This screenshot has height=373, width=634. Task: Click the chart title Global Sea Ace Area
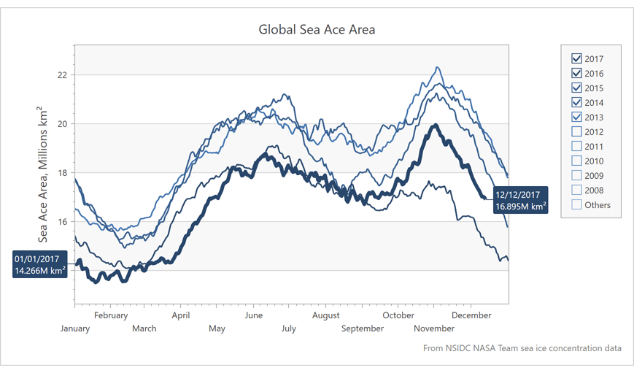click(x=317, y=30)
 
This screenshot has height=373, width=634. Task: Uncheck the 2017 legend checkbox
click(x=577, y=59)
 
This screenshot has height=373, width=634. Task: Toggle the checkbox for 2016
click(x=577, y=74)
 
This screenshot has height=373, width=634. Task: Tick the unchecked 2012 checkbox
click(x=577, y=132)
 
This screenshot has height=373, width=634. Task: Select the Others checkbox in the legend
click(x=577, y=205)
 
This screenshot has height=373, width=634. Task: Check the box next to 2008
click(x=577, y=191)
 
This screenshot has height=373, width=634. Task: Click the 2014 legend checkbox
click(x=577, y=103)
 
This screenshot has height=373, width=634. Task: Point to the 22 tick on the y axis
click(x=62, y=75)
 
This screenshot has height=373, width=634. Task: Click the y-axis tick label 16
click(x=62, y=222)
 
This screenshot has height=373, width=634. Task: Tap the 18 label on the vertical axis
click(x=62, y=173)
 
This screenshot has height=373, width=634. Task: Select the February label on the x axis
click(x=111, y=316)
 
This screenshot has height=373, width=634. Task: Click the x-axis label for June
click(x=254, y=316)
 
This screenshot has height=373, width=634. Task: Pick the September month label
click(x=363, y=328)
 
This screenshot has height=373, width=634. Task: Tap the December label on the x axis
click(x=471, y=316)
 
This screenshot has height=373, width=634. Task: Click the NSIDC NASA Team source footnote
click(x=522, y=348)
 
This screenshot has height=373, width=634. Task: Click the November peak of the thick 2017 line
click(x=436, y=125)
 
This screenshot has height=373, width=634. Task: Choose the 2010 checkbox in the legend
click(x=577, y=161)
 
